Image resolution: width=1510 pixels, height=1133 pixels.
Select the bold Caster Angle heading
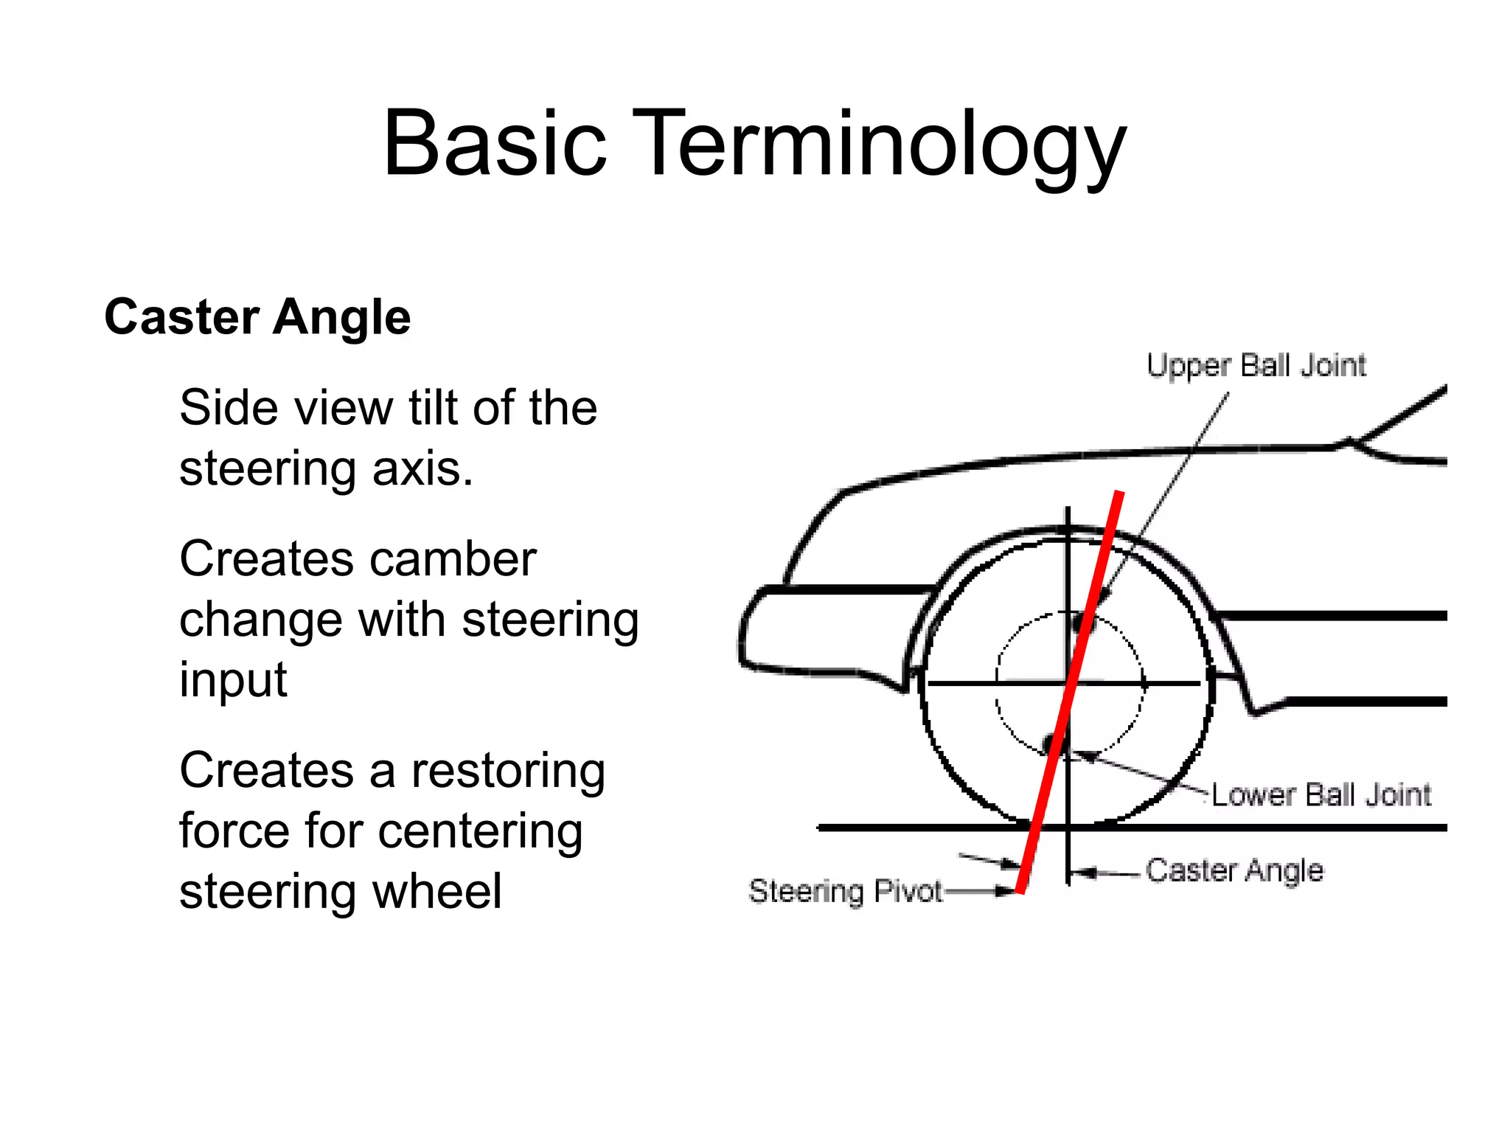257,317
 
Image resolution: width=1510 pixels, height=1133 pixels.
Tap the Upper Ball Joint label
1256,366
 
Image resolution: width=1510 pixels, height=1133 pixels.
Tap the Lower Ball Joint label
1321,795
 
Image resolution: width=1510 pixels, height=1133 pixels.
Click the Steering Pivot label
845,891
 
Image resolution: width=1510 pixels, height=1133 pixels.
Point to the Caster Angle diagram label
1234,870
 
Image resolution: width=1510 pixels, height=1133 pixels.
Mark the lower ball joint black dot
1049,741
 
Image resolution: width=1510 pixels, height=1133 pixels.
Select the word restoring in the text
508,772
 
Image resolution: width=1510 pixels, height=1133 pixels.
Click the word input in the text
233,679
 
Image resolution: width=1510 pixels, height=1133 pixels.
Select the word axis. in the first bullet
422,469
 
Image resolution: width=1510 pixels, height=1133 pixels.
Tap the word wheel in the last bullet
436,892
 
